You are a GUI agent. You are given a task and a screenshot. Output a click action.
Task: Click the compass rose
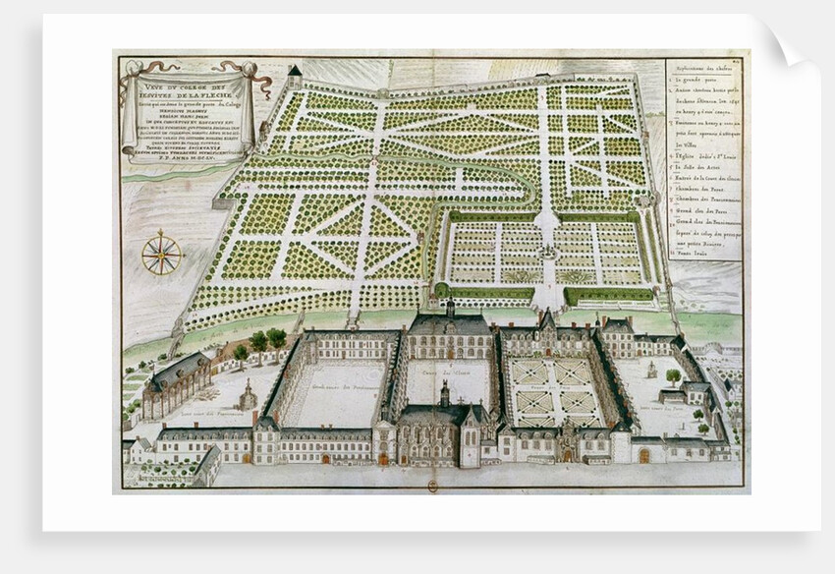[x=161, y=255]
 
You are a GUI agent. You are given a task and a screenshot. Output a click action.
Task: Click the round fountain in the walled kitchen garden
[x=548, y=253]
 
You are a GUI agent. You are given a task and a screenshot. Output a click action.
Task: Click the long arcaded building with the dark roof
[x=178, y=382]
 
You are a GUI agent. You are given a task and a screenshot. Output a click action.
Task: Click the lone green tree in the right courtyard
[x=674, y=375]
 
